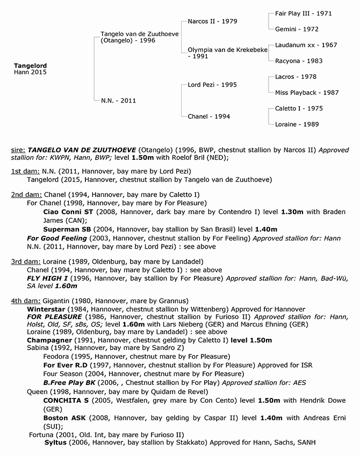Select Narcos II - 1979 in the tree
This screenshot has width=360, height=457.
(x=212, y=21)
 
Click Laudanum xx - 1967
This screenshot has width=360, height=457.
(x=303, y=46)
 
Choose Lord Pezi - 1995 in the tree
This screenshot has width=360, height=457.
(x=212, y=85)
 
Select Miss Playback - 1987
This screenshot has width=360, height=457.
(x=307, y=92)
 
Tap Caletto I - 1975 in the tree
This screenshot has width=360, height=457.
(x=299, y=108)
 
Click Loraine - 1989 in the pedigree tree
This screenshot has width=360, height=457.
(x=297, y=124)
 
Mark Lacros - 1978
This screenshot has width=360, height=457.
(x=295, y=77)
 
